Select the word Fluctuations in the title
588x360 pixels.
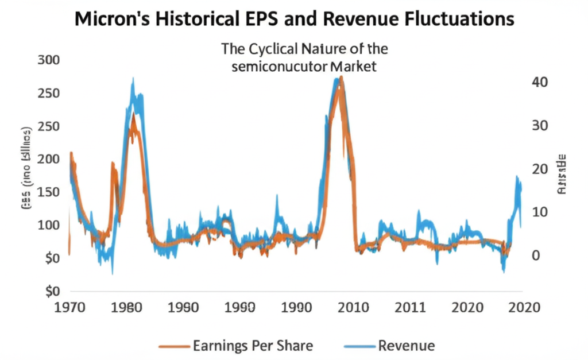(x=450, y=20)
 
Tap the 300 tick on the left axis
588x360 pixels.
(x=48, y=60)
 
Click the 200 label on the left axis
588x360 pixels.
(x=48, y=159)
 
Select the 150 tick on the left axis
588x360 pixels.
(x=48, y=192)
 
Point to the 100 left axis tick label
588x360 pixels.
(x=48, y=224)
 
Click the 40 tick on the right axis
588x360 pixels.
(x=540, y=82)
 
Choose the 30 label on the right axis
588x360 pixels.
(x=540, y=126)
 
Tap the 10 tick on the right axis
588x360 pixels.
(x=540, y=212)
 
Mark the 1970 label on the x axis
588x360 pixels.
(x=69, y=308)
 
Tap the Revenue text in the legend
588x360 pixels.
(x=407, y=346)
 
